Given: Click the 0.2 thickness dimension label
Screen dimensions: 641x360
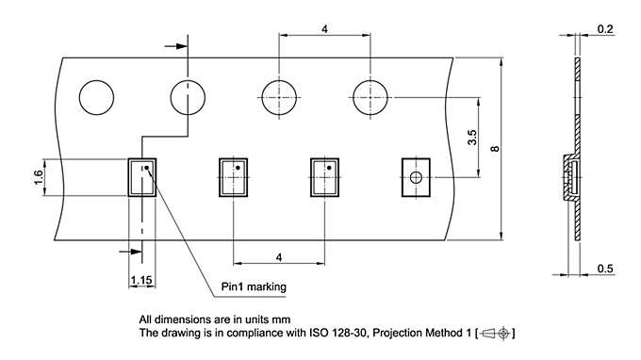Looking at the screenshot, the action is (x=605, y=29).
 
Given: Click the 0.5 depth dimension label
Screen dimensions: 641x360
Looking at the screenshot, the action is (x=605, y=269).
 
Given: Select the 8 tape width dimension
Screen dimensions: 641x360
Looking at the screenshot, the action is (x=495, y=149).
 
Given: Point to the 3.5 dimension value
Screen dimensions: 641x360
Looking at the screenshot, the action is (x=472, y=138).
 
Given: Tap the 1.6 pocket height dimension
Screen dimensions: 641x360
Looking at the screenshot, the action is (x=39, y=177).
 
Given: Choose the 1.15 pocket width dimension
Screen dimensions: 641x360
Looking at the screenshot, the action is (x=141, y=280).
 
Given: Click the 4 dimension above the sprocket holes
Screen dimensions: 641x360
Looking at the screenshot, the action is (x=324, y=29).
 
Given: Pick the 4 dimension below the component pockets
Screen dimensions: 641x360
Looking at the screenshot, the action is (x=279, y=257).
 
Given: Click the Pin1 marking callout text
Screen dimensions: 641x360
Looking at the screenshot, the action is (x=254, y=286).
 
